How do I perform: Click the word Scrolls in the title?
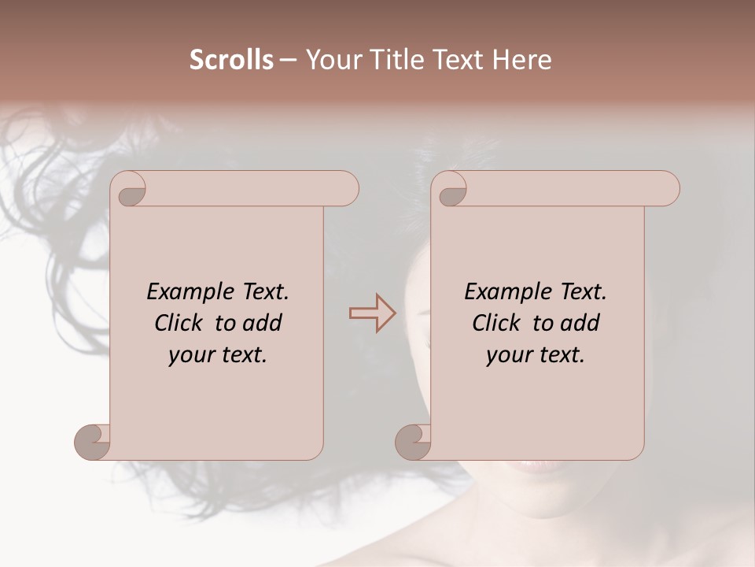[x=231, y=60]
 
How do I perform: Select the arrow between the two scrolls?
[x=373, y=313]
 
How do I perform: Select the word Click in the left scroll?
[x=178, y=323]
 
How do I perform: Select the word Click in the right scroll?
[x=495, y=323]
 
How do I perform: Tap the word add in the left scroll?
[x=263, y=323]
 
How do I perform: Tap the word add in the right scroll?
[x=580, y=323]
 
